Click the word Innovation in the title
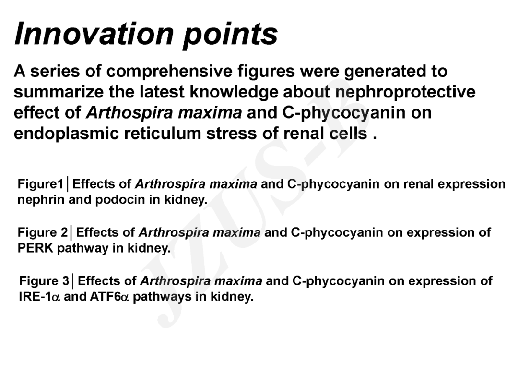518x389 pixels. click(94, 34)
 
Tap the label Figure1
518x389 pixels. click(40, 184)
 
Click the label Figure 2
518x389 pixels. click(43, 232)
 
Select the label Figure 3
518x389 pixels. click(44, 281)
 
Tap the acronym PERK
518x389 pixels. click(35, 248)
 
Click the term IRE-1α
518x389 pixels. click(40, 296)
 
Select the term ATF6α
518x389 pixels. click(109, 296)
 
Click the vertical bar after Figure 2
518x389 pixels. click(71, 233)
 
